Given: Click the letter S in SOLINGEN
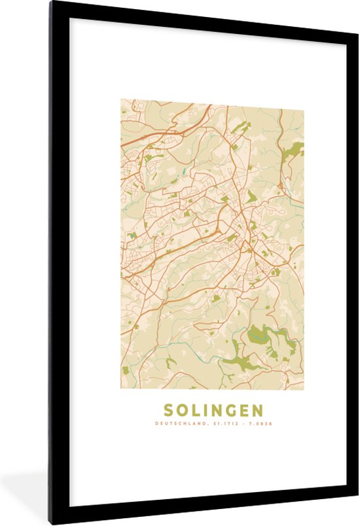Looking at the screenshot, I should tap(168, 410).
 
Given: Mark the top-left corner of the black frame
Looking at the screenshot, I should tap(50, 3).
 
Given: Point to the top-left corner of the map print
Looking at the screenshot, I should tap(120, 99).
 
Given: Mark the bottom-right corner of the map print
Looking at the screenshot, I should tap(304, 389).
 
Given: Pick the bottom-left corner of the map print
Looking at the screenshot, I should tap(120, 389).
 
